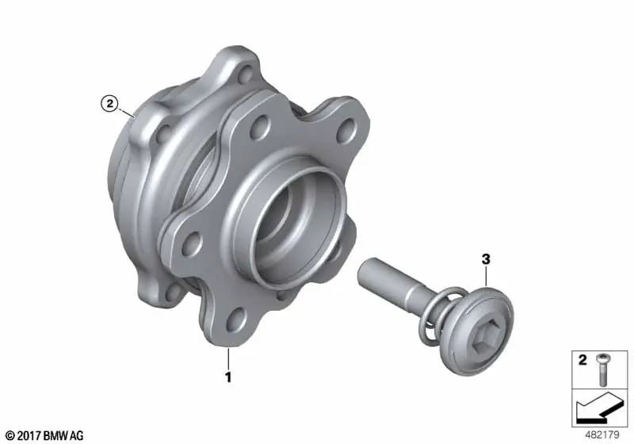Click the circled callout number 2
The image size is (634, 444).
pyautogui.click(x=109, y=102)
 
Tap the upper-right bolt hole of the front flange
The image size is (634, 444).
pyautogui.click(x=343, y=131)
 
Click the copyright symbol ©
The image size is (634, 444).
pyautogui.click(x=10, y=435)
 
